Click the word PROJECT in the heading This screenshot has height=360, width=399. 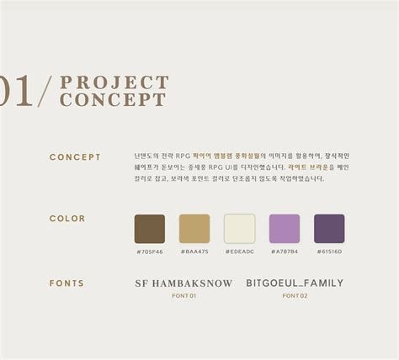114,82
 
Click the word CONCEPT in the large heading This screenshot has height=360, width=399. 112,100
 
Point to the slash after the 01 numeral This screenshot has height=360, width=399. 45,92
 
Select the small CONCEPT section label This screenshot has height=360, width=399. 75,157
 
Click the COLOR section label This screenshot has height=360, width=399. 67,219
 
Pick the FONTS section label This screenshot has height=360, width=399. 66,283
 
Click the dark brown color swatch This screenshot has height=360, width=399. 150,229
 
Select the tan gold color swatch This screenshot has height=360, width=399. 194,229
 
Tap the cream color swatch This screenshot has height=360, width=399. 239,229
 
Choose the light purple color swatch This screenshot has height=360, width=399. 285,229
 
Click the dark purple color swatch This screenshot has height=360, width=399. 329,229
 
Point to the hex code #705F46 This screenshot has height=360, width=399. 150,251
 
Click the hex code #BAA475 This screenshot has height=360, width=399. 194,251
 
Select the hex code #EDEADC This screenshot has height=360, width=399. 239,251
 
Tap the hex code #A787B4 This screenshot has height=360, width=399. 285,251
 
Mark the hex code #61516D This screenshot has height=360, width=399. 329,251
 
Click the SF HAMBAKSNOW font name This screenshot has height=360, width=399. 184,283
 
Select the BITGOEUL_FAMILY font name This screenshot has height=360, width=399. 295,283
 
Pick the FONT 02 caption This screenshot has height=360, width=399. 295,296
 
